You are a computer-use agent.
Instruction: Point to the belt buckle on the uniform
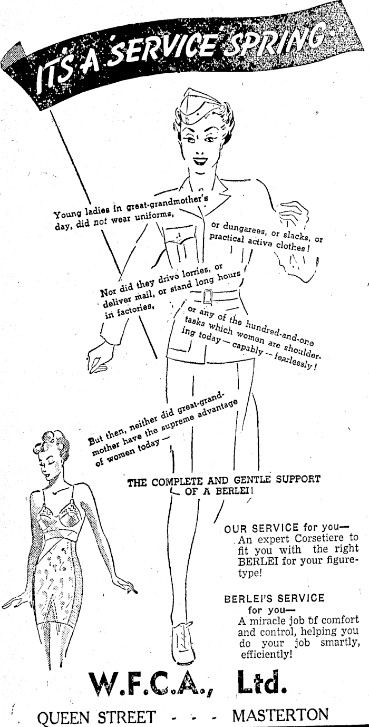tap(208, 296)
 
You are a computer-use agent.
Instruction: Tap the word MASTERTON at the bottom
tap(280, 716)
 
